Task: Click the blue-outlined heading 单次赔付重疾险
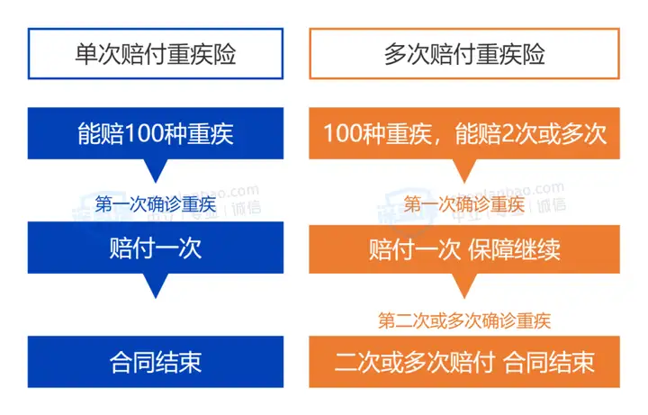156,54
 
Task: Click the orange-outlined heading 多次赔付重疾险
464,54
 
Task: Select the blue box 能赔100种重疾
156,133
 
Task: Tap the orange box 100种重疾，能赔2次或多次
464,133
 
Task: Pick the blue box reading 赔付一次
156,248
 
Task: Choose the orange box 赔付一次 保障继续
464,249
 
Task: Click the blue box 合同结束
156,362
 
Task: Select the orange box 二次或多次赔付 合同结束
464,362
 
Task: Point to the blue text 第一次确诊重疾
156,204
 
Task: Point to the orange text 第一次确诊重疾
464,204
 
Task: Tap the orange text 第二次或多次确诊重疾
464,320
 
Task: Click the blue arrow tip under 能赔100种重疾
156,182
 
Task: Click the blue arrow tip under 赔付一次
156,298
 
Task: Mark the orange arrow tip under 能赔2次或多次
464,182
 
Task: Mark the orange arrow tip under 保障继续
464,298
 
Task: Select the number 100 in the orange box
343,133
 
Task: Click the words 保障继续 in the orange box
514,249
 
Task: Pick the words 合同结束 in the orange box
549,362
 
